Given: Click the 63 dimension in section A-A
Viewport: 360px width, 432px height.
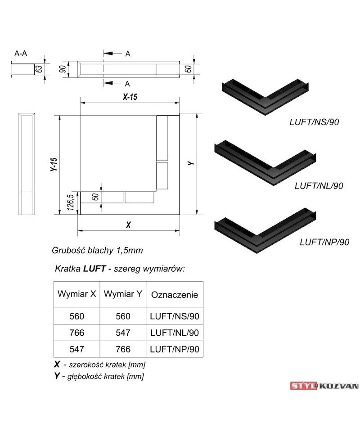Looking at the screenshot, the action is coord(40,69).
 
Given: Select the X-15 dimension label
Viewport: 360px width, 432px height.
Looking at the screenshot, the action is coord(130,97).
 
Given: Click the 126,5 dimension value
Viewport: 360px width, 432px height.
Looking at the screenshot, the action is coord(71,202).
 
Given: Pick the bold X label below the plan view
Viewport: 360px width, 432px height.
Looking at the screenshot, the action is coord(128,225).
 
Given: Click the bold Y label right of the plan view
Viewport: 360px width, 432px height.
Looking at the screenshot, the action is coord(191,163).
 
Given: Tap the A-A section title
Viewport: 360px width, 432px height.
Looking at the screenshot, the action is coord(21,53).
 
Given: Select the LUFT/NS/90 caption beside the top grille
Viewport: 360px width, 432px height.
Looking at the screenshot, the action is coord(314,122).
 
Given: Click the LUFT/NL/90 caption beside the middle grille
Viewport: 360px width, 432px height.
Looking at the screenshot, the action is coord(319,186).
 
